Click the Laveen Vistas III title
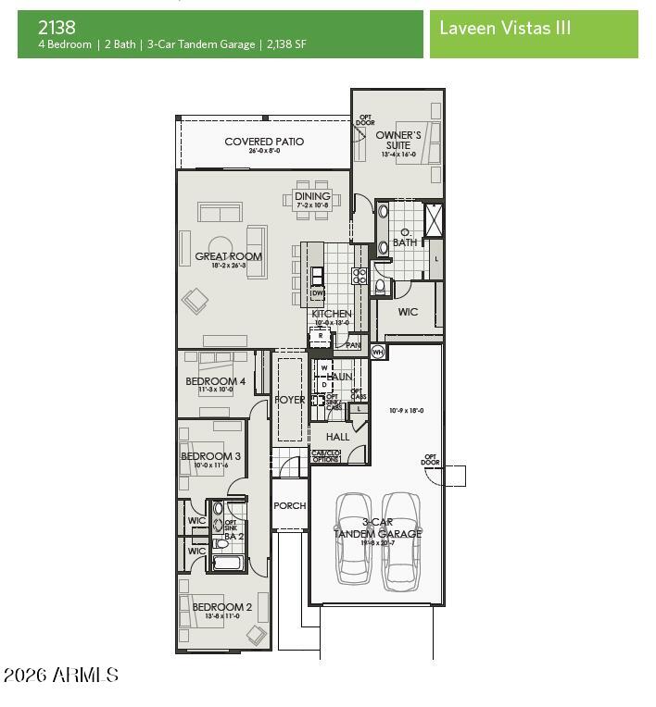504,28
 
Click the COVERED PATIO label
264,142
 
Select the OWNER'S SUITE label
398,140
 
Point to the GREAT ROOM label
228,256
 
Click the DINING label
312,196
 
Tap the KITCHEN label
331,315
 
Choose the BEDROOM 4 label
215,381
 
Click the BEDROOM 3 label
210,456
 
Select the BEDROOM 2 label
216,607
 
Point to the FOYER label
290,400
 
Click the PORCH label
289,506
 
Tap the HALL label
337,437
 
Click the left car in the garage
354,538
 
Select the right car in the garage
400,538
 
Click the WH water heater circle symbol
377,352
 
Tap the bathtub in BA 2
228,561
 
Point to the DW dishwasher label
317,293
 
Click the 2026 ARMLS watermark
60,676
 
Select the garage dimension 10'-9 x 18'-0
406,410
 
